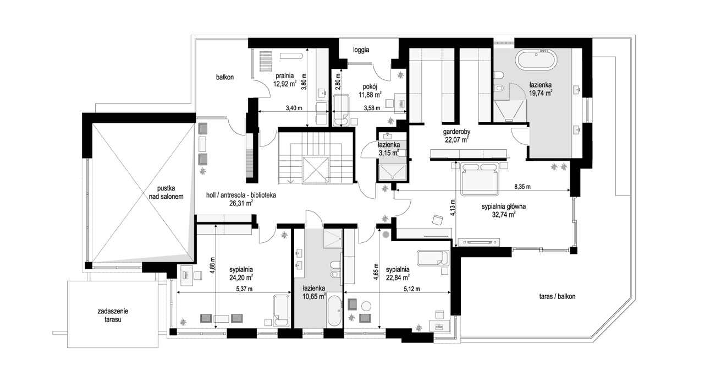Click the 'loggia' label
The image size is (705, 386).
tap(361, 50)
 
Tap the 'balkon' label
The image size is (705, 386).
tap(225, 77)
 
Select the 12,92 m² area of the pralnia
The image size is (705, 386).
tap(285, 84)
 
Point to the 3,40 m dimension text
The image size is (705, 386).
tap(294, 108)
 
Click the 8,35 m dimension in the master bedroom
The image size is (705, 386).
tap(522, 187)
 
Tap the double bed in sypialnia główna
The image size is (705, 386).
tap(480, 180)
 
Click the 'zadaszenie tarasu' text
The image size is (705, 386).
tap(113, 316)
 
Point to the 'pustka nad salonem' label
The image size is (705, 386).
tap(166, 193)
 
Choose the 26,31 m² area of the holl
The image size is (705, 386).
tap(241, 204)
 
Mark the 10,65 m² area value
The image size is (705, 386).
tap(314, 296)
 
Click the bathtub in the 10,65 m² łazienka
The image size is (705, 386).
tap(334, 311)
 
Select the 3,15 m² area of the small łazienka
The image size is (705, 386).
tap(389, 153)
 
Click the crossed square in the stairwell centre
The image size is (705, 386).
tap(316, 169)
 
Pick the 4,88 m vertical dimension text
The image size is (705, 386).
tap(212, 265)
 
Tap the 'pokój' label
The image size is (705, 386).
tap(370, 86)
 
